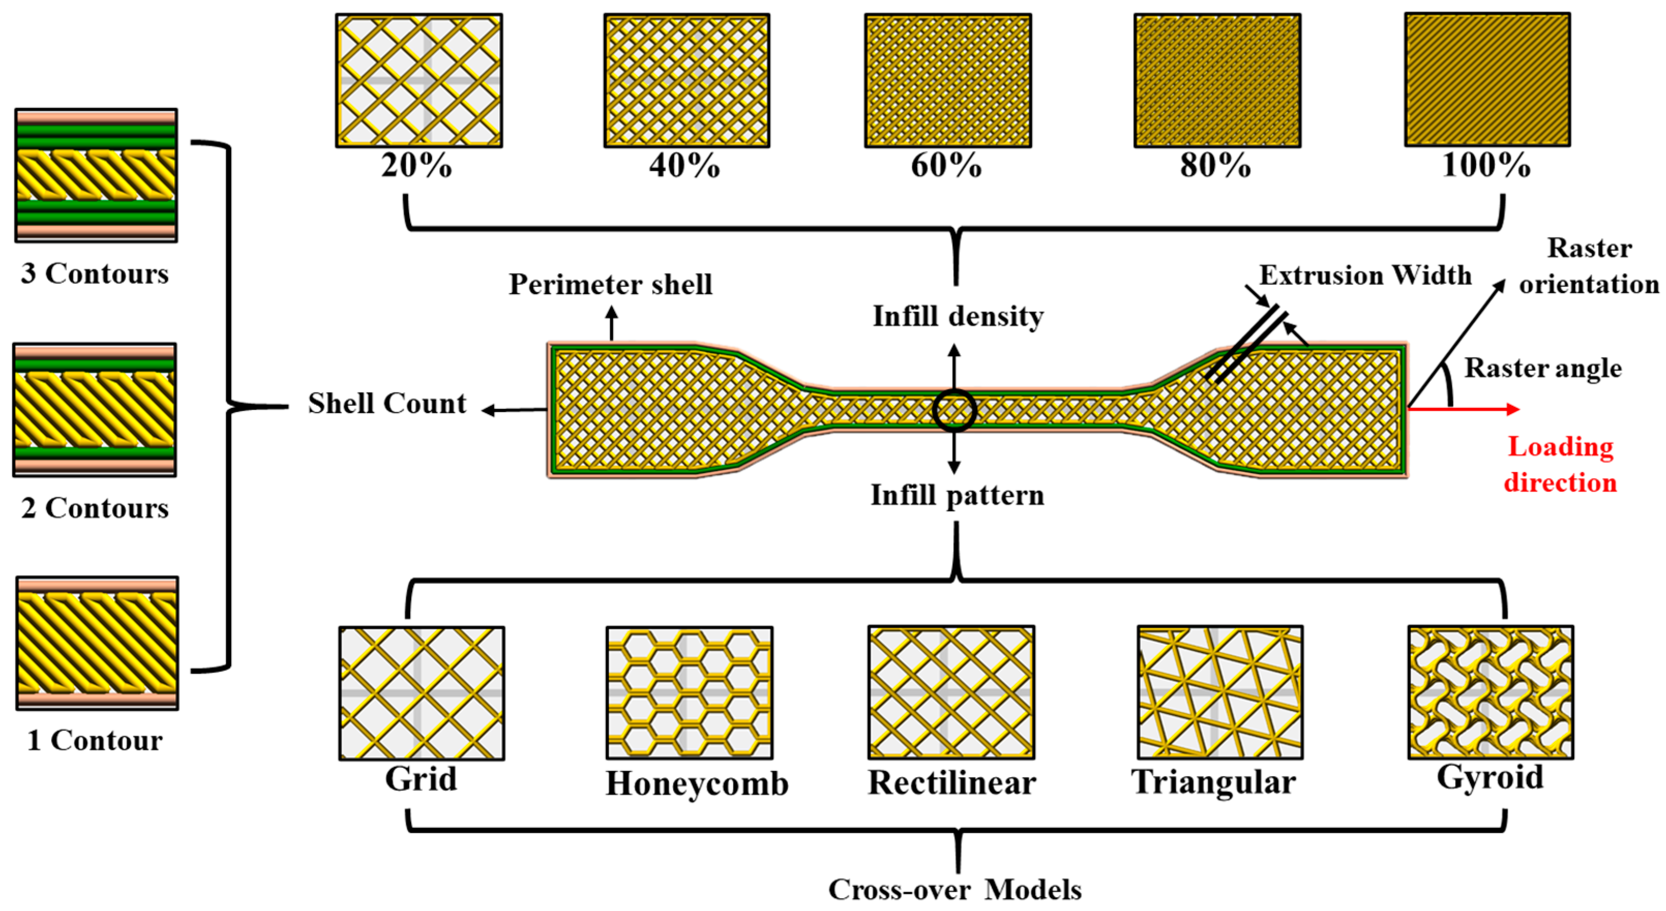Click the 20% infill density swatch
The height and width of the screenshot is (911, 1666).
point(419,81)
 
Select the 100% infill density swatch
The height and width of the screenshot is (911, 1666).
point(1487,80)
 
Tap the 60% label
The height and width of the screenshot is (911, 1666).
point(946,165)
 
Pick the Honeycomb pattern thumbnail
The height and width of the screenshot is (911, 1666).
point(689,692)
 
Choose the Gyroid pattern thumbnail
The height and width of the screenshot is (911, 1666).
point(1491,692)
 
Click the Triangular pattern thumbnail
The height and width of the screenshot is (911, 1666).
point(1220,692)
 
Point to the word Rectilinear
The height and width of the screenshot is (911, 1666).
point(951,782)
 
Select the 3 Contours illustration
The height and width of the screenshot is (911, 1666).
point(96,175)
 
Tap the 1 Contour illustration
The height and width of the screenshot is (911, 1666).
point(97,643)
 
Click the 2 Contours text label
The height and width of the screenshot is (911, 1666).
point(95,508)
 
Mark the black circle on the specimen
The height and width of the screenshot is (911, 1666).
point(954,411)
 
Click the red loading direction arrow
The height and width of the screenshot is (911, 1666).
point(1463,408)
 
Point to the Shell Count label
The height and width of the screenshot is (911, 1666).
point(387,403)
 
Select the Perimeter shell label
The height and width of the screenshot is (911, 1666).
point(610,284)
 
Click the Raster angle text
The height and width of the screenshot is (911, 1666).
point(1543,368)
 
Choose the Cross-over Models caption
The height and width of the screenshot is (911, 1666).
point(955,890)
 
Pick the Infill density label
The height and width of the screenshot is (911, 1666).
point(958,316)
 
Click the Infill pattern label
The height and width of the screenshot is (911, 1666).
point(957,495)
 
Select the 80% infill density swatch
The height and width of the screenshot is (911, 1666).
point(1217,81)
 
